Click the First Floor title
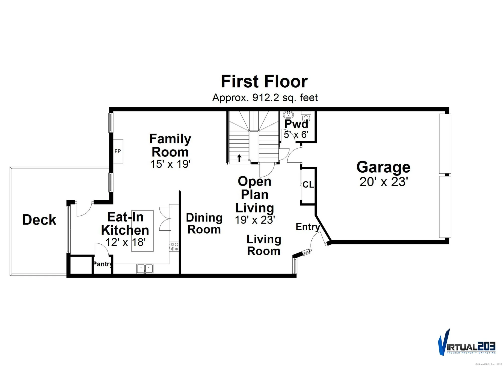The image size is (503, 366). (264, 82)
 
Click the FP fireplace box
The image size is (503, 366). (118, 151)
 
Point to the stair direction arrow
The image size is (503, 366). (239, 158)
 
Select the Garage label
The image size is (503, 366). (383, 167)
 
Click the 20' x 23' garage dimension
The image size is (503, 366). (383, 182)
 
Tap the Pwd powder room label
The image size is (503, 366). (296, 124)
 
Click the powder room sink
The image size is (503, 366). (288, 115)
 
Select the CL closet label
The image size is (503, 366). (308, 185)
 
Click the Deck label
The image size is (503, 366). (39, 220)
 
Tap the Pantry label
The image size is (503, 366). (102, 264)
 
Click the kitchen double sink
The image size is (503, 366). (145, 268)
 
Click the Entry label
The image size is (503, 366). (308, 227)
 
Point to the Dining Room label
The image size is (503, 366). (204, 224)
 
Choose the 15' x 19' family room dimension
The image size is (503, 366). (170, 164)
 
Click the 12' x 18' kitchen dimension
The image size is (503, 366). (125, 242)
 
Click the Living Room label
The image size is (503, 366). (264, 245)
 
